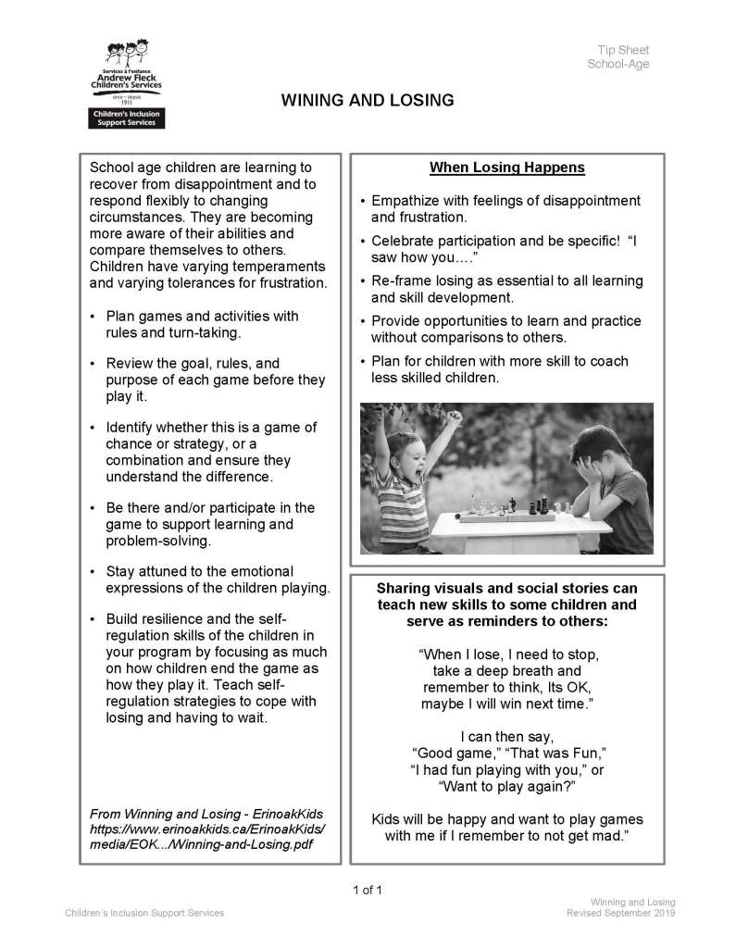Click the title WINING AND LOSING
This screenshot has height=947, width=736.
pos(368,100)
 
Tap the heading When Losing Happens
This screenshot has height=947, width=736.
pos(506,168)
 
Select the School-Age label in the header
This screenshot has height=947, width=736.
pos(617,64)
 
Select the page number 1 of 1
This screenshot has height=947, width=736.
pos(368,891)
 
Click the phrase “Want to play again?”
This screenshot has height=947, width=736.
pos(506,786)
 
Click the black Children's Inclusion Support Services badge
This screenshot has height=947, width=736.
pos(124,118)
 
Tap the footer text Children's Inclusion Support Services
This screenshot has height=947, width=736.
pos(143,914)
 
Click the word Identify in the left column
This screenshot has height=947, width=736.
pos(132,427)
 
